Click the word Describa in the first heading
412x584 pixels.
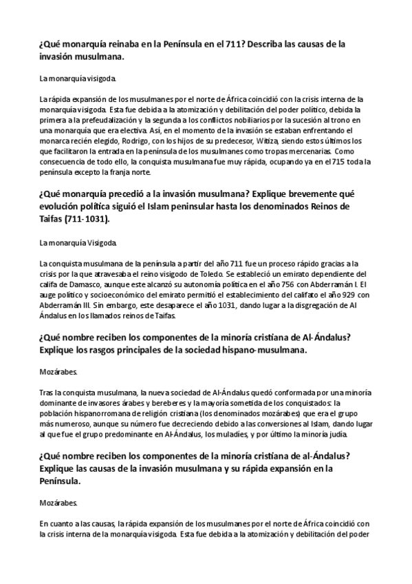coord(268,43)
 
